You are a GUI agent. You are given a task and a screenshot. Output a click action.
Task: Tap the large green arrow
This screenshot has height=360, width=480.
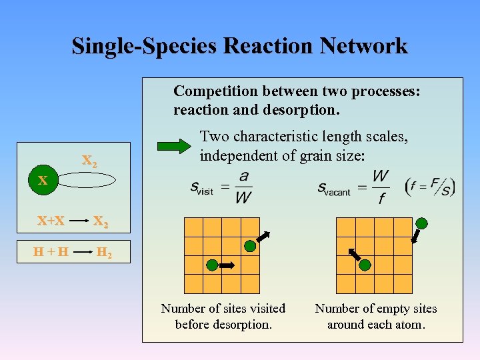(x=175, y=147)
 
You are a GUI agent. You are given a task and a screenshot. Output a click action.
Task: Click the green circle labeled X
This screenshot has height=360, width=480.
(x=42, y=180)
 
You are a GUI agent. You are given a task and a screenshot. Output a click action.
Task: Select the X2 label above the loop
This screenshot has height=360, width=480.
(x=89, y=161)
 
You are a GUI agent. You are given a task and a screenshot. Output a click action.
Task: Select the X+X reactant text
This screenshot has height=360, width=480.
(x=51, y=220)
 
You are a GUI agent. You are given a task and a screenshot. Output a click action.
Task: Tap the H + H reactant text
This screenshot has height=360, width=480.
(x=51, y=253)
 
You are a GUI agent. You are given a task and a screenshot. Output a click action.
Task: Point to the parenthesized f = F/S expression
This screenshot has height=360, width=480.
(x=430, y=186)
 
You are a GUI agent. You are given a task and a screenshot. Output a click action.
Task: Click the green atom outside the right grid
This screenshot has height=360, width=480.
(x=421, y=223)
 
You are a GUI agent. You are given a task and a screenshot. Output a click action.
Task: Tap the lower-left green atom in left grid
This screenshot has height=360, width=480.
(x=212, y=265)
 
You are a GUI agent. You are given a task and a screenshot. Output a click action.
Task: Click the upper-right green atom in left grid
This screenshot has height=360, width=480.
(x=249, y=246)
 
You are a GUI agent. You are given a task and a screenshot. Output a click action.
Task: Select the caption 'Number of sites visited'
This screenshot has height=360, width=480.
(x=223, y=309)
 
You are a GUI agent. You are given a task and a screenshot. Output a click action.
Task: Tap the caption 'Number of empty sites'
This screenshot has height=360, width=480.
(x=376, y=309)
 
